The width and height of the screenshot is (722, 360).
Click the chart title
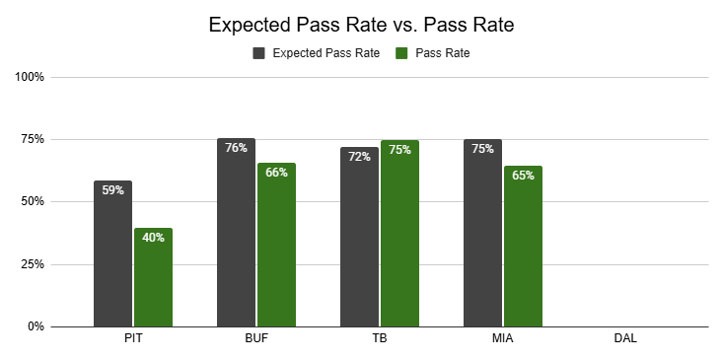click(361, 25)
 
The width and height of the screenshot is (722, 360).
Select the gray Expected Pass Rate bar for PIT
click(112, 253)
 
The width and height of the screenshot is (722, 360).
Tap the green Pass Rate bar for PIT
click(153, 277)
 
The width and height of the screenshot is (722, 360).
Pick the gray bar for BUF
click(236, 233)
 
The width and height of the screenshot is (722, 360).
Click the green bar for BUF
click(277, 245)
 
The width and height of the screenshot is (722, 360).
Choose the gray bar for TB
click(360, 237)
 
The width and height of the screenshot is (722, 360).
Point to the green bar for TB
click(399, 234)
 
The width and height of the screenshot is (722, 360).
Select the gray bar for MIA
click(482, 233)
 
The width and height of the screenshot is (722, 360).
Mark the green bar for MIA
click(523, 247)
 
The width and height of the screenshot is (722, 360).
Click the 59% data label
click(112, 190)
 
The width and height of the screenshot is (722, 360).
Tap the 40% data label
click(153, 238)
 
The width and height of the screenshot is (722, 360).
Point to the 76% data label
click(236, 148)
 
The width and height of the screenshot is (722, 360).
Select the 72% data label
click(360, 157)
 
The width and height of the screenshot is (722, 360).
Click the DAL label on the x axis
click(625, 339)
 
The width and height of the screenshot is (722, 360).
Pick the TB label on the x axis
click(380, 339)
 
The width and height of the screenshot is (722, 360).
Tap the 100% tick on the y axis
click(30, 77)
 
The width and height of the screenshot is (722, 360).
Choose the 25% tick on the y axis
click(33, 264)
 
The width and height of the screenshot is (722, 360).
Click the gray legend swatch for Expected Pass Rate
click(258, 53)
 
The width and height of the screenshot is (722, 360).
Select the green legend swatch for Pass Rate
click(401, 53)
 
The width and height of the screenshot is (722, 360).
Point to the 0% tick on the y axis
click(35, 326)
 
